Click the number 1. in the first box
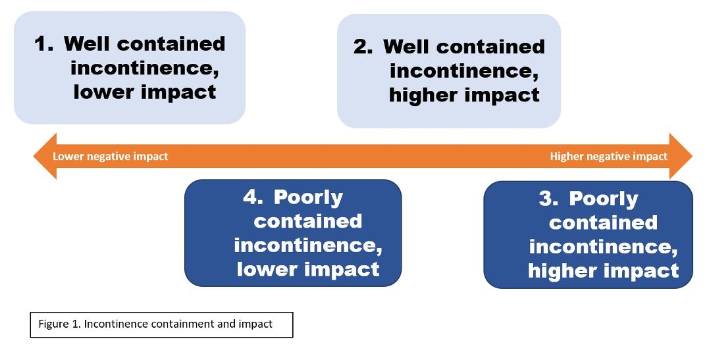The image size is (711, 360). [44, 44]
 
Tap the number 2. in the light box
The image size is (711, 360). [363, 47]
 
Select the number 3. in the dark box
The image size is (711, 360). [548, 199]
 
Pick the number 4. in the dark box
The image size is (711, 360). [253, 197]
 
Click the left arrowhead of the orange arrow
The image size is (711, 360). [45, 156]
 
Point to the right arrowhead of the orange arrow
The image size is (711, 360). [681, 156]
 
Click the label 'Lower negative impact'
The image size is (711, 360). [110, 157]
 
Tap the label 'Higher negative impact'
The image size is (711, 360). [608, 157]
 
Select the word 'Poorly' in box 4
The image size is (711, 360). [308, 198]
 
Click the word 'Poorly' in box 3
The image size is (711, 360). [604, 199]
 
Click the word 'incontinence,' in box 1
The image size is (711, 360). [145, 68]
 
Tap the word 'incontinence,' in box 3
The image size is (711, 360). [603, 247]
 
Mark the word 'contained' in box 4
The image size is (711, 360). [308, 221]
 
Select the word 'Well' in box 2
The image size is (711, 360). [407, 47]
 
